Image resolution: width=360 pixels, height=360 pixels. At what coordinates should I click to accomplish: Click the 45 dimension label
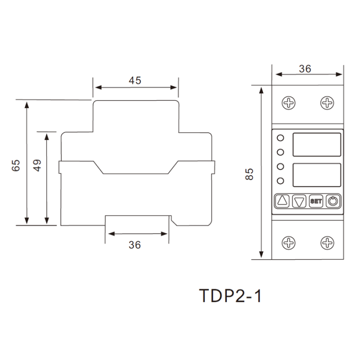(x=135, y=81)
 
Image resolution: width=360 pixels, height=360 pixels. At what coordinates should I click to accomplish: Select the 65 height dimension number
(x=15, y=165)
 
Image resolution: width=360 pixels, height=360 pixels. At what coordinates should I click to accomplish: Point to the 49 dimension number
(x=37, y=165)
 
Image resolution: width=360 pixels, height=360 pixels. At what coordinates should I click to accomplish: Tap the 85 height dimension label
(x=249, y=174)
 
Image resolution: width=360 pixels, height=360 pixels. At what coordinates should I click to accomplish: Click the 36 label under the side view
(x=135, y=245)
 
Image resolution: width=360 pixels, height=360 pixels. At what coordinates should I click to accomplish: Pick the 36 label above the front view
(x=305, y=69)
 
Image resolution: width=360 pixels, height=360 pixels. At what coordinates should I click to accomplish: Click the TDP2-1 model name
(x=230, y=296)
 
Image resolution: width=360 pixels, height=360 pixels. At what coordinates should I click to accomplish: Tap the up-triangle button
(x=282, y=201)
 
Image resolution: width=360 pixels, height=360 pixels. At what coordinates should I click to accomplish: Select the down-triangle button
(x=299, y=202)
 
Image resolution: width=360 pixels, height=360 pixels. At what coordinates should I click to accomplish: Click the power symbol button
(x=333, y=202)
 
